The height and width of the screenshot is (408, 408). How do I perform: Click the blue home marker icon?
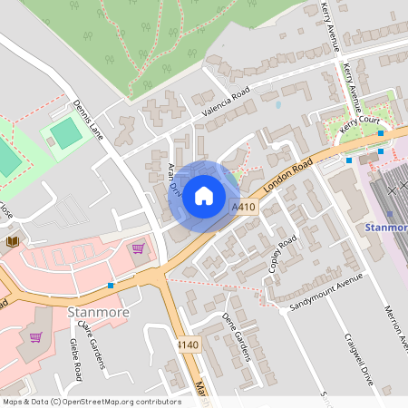coord(204,195)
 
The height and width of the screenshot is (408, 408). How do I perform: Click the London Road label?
coord(287,175)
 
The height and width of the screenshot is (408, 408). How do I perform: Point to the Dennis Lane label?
coord(89,121)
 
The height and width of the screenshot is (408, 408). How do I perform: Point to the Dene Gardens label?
coord(235,335)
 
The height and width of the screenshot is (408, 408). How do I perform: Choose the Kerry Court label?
coord(357,125)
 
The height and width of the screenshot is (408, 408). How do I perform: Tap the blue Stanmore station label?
coord(386,227)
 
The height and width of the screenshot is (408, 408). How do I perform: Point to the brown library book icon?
coord(13,240)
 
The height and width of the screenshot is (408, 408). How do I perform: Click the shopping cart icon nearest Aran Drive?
coord(138,248)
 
